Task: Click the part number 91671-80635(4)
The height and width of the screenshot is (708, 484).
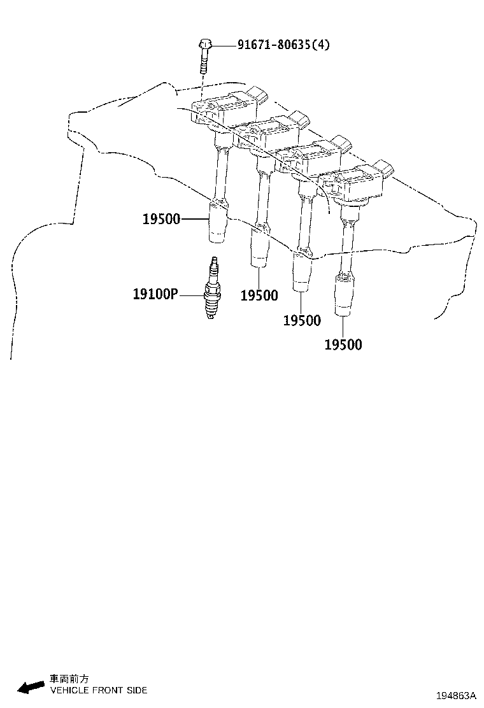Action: pyautogui.click(x=283, y=45)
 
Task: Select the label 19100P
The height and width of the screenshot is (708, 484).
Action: pyautogui.click(x=155, y=294)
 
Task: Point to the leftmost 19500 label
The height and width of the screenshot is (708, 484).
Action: pyautogui.click(x=161, y=219)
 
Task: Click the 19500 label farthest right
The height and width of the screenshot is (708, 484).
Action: pyautogui.click(x=343, y=344)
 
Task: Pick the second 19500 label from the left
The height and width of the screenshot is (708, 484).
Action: pyautogui.click(x=259, y=296)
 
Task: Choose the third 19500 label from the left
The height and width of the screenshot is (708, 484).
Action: pyautogui.click(x=302, y=320)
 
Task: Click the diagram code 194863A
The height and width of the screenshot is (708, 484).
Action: pyautogui.click(x=456, y=695)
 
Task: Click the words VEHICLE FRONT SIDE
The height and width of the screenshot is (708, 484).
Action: pyautogui.click(x=99, y=690)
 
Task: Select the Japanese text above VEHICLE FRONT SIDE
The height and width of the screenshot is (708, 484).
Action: pyautogui.click(x=69, y=679)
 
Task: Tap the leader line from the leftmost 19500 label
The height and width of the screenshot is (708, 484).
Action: pyautogui.click(x=195, y=219)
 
